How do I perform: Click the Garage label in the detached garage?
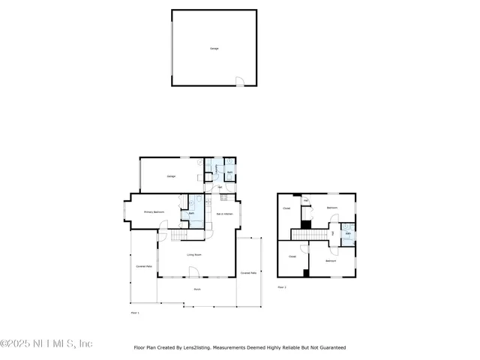(x=214, y=48)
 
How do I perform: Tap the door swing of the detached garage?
(x=239, y=81)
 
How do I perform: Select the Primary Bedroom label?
(x=154, y=212)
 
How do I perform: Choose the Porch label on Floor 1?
(x=197, y=289)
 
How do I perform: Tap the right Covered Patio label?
(x=249, y=273)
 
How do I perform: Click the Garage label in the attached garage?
(x=171, y=176)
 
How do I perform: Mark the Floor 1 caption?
(x=135, y=312)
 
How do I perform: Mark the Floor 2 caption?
(x=282, y=287)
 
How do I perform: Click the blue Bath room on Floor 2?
(x=348, y=233)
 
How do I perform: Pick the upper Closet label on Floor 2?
(x=286, y=208)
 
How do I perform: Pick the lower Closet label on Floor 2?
(x=292, y=257)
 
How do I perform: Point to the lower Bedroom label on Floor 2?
(x=330, y=260)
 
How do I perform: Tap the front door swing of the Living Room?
(x=193, y=273)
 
